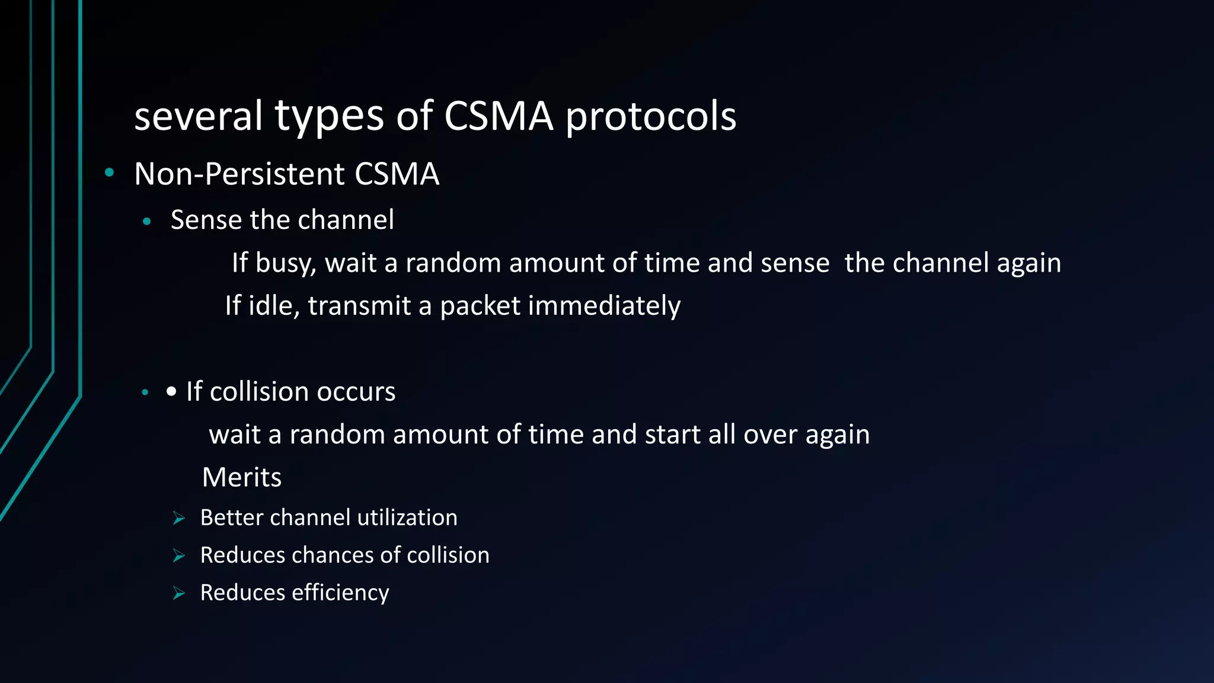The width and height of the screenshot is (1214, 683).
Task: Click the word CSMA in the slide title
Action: [499, 116]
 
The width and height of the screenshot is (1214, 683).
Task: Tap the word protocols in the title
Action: [650, 117]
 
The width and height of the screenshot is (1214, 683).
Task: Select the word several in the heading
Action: [198, 116]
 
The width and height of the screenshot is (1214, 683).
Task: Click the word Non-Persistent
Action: [239, 174]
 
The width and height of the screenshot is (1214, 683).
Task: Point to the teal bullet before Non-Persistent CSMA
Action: [109, 173]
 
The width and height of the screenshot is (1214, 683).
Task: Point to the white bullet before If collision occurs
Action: [171, 392]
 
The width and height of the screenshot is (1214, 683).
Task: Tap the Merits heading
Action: [241, 477]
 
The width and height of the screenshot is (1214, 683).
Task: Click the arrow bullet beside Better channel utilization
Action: [179, 519]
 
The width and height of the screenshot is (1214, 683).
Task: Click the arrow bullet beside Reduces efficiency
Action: [179, 593]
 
